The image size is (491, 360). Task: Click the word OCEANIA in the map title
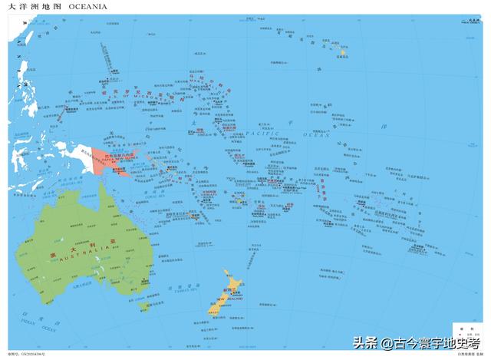[x=87, y=6]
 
